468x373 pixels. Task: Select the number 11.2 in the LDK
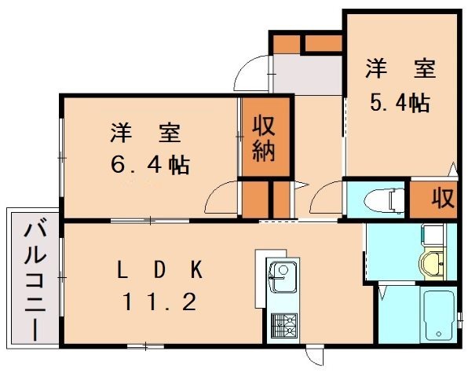pyautogui.click(x=161, y=301)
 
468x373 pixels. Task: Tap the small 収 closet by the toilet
pyautogui.click(x=441, y=199)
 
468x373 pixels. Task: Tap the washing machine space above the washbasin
pyautogui.click(x=432, y=235)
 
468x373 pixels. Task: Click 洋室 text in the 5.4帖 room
pyautogui.click(x=399, y=69)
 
